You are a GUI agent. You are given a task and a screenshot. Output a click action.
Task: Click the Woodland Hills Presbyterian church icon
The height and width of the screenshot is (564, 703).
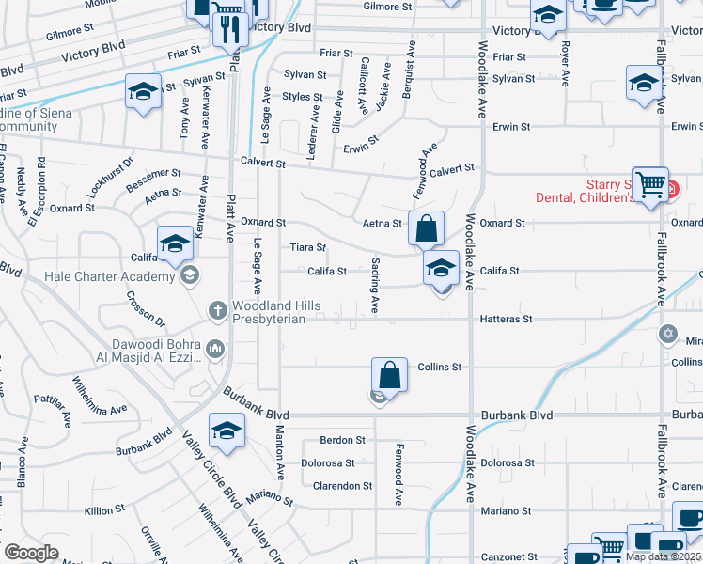click(217, 309)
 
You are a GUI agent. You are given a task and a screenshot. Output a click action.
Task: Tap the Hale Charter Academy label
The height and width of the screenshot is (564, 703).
click(111, 276)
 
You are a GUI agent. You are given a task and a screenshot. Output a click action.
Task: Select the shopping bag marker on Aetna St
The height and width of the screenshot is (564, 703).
click(427, 229)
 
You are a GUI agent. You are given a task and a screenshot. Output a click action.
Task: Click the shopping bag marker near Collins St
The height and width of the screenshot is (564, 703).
click(389, 375)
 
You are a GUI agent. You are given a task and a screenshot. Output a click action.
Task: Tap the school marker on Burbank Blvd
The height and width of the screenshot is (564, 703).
click(227, 431)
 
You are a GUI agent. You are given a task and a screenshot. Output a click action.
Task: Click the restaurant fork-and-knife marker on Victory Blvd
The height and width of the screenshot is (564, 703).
click(229, 30)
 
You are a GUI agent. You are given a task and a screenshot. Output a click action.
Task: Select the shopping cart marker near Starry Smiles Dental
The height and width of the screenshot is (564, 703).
click(650, 186)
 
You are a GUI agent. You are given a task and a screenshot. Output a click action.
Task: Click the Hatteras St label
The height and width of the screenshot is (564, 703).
click(507, 320)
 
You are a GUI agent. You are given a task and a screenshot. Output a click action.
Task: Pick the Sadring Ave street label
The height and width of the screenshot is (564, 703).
click(375, 285)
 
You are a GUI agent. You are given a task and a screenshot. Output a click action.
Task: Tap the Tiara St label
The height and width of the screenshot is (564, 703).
click(307, 247)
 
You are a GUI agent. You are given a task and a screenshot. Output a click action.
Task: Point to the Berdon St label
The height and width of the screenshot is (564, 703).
click(342, 440)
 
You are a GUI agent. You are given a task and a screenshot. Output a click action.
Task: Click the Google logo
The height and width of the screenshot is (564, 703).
click(31, 553)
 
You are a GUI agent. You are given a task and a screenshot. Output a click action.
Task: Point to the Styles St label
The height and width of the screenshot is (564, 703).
click(303, 97)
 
